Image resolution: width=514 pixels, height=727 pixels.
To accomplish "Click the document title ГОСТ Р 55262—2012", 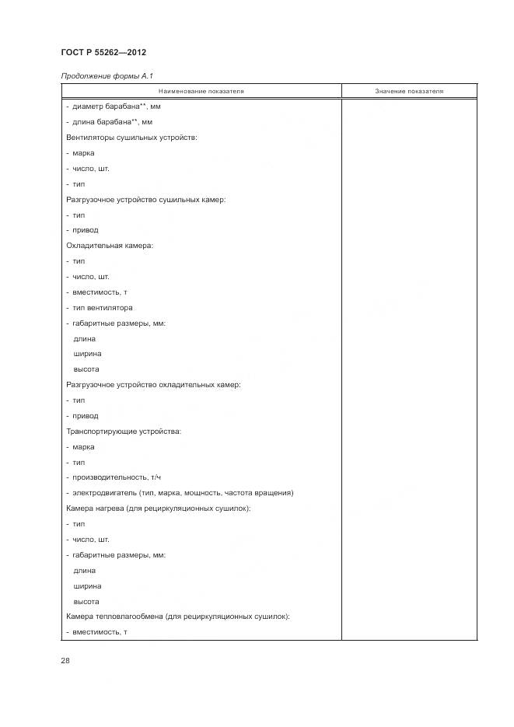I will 103,52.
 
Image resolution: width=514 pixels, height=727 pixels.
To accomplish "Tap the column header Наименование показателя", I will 201,91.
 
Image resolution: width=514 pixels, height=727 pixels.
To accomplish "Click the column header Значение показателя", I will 409,91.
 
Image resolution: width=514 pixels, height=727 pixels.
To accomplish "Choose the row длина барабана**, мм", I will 110,122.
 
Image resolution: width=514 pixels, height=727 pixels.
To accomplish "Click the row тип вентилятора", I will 103,308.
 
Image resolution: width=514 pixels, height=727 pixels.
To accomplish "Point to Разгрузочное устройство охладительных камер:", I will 153,385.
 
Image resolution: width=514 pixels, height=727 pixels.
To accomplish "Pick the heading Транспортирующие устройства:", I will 124,432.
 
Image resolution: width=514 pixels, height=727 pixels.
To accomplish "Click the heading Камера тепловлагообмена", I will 178,617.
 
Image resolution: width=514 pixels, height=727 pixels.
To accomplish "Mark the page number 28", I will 65,660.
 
